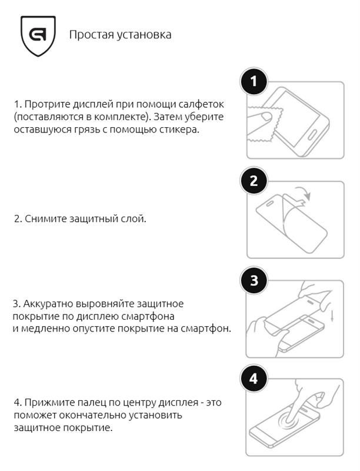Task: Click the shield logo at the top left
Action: [x=38, y=35]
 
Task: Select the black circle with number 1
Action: [x=254, y=82]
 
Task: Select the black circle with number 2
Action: [x=254, y=181]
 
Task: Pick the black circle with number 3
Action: [x=254, y=281]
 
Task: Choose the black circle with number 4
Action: [x=254, y=379]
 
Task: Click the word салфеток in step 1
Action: [x=204, y=104]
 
